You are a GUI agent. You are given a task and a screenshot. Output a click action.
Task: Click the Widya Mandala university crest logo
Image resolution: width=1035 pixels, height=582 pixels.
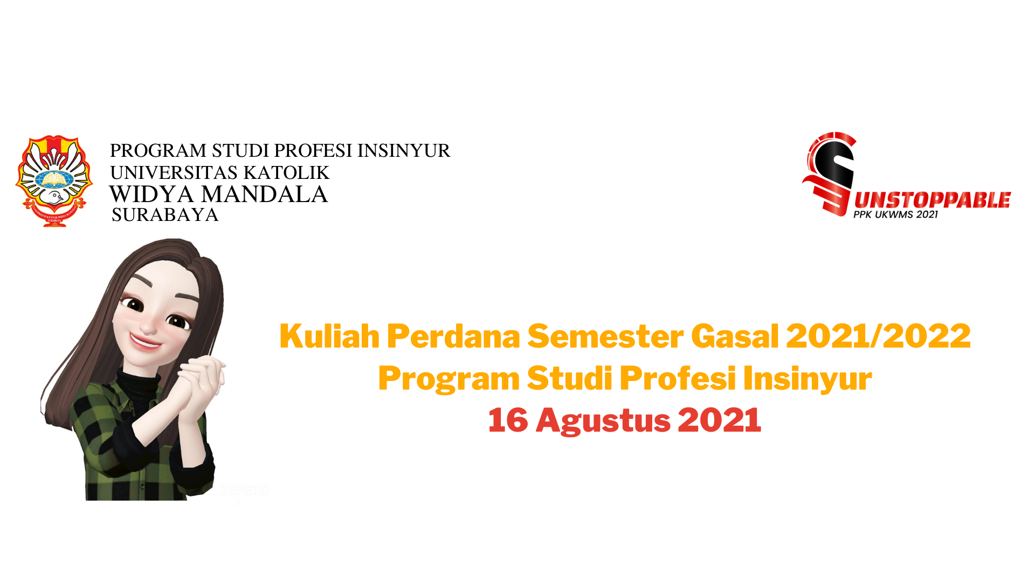(54, 181)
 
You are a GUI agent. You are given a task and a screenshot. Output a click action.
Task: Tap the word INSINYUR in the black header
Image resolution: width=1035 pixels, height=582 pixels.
(404, 150)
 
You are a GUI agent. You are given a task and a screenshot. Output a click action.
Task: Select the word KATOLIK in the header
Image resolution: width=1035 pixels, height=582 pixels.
(286, 172)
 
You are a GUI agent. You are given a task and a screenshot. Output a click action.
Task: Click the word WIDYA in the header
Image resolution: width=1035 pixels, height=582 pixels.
(151, 194)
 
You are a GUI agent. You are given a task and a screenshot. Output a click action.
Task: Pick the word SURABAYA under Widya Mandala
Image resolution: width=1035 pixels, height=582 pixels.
(165, 215)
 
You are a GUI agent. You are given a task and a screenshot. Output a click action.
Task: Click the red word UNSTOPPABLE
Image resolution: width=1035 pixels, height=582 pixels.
(933, 200)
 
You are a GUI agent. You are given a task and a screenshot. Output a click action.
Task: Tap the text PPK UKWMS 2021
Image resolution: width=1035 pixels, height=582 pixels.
(895, 214)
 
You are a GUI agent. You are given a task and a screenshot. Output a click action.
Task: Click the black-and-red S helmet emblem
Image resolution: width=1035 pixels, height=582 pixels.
(829, 174)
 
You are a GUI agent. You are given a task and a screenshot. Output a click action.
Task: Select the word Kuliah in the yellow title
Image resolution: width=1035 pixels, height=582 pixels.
(329, 336)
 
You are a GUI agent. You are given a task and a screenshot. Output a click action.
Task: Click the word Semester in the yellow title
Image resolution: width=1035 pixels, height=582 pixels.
(605, 336)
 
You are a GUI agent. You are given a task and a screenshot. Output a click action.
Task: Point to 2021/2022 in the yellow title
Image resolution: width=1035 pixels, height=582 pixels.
(878, 336)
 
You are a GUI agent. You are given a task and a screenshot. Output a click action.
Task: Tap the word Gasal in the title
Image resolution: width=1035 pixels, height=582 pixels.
(735, 336)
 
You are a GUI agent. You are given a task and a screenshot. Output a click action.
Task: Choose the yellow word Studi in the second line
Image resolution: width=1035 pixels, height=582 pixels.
(569, 378)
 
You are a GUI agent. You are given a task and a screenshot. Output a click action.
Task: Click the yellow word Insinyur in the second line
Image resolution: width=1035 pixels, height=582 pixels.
(808, 379)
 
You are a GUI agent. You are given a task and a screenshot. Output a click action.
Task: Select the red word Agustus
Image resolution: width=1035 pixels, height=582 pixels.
(603, 421)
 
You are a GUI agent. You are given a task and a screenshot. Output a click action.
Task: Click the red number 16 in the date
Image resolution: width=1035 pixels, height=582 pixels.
(508, 420)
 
